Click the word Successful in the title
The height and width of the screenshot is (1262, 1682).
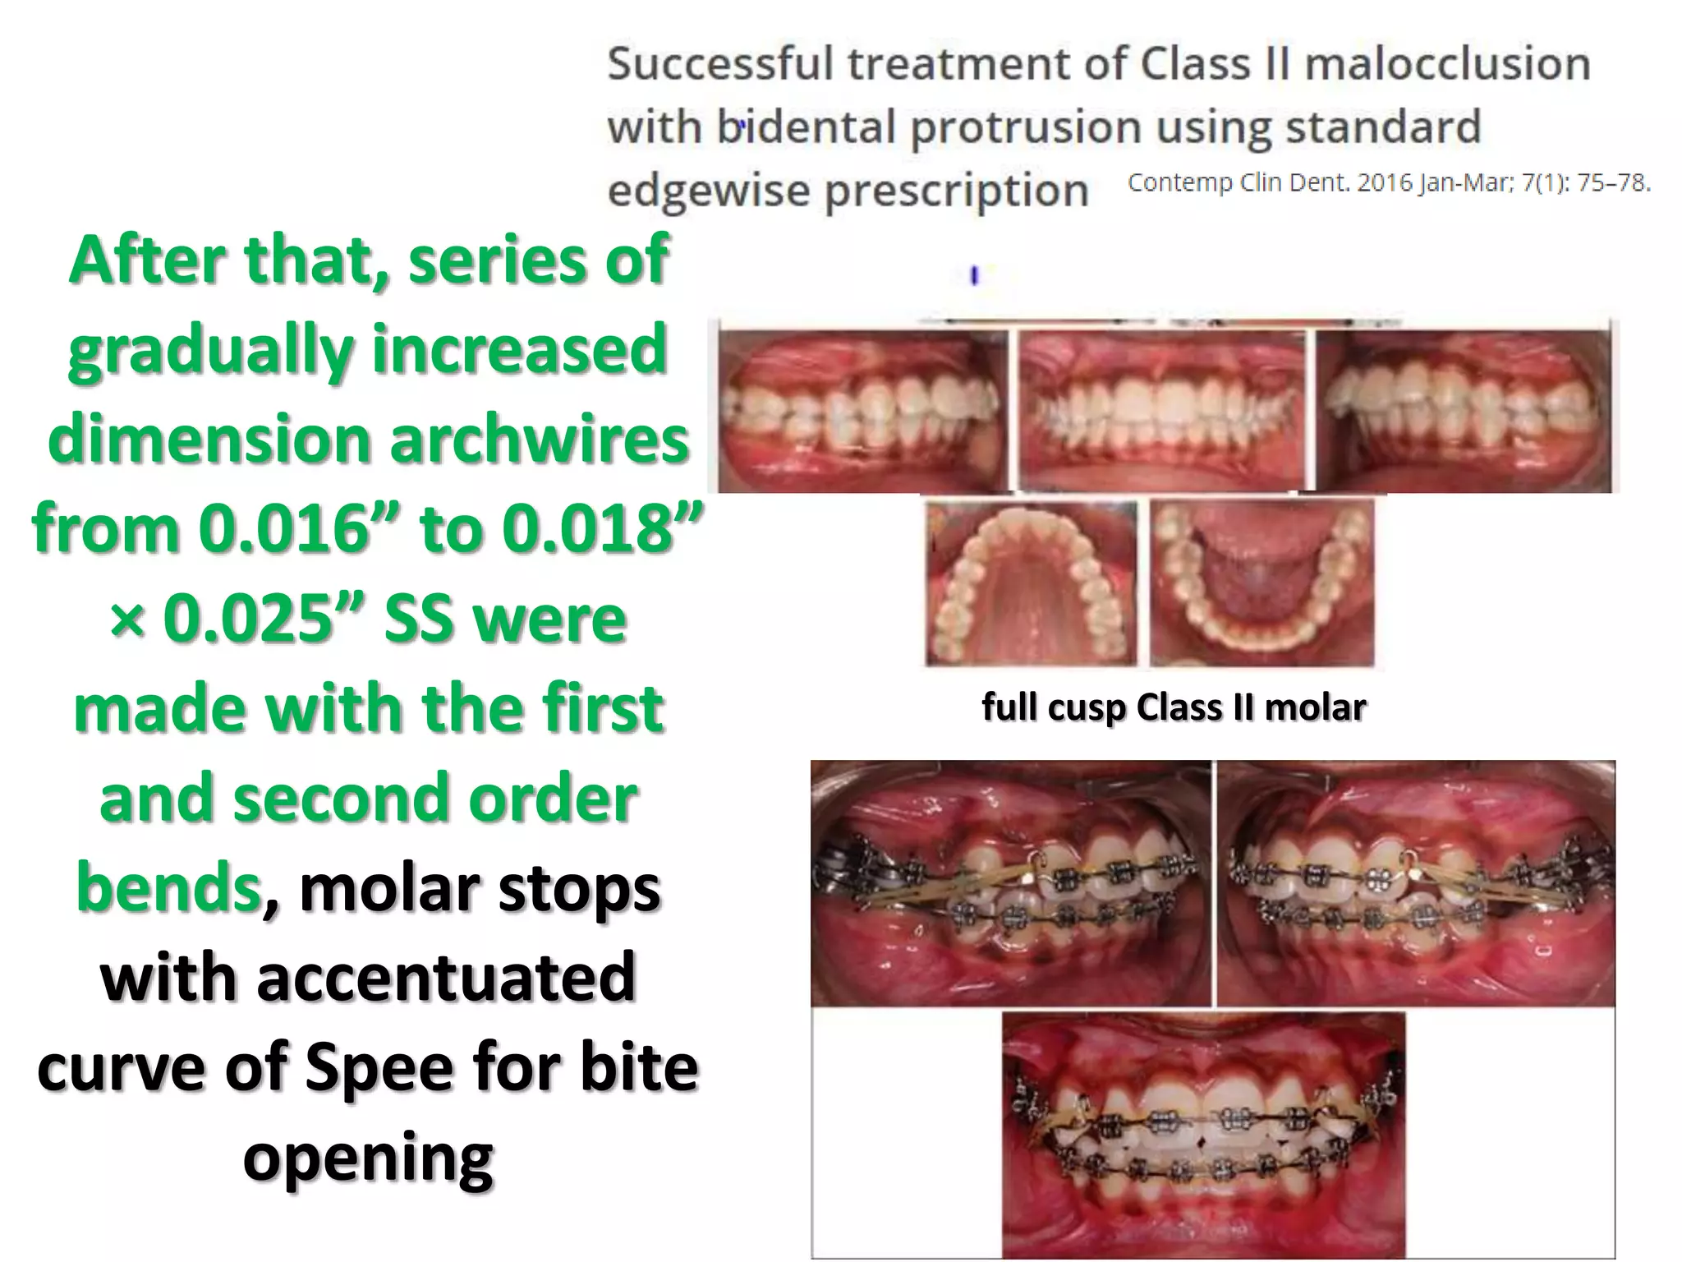click(x=719, y=64)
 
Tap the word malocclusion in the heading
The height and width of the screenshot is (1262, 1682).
click(x=1447, y=64)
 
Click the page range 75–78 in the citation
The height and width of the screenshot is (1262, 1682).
click(x=1609, y=182)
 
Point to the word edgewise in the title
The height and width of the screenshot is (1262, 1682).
click(x=710, y=191)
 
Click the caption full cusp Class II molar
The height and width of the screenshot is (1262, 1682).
click(x=1174, y=707)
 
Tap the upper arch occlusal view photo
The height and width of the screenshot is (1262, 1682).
click(x=1032, y=583)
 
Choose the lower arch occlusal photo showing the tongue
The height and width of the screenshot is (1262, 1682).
click(x=1261, y=583)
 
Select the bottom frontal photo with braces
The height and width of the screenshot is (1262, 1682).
click(x=1203, y=1134)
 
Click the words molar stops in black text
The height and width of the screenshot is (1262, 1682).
click(x=480, y=888)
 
